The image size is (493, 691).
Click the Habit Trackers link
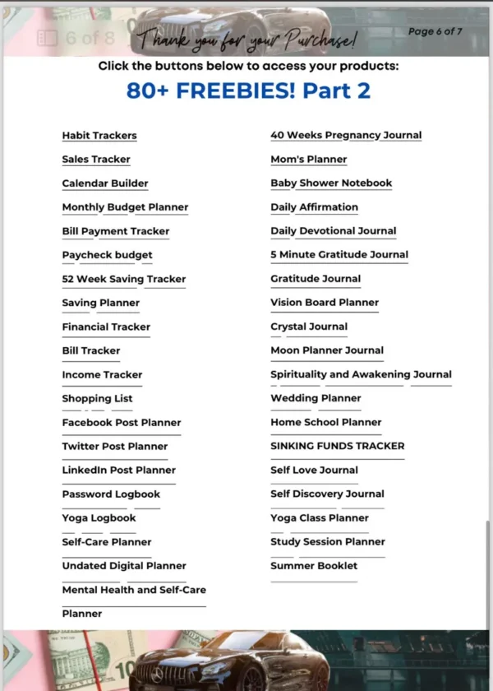99,136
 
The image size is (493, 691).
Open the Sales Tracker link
96,160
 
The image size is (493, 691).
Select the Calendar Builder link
105,183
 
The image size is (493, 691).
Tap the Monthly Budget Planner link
125,207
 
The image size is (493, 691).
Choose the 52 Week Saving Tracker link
124,279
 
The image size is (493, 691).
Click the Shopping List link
97,398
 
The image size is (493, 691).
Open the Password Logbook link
111,494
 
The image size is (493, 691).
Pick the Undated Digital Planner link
124,566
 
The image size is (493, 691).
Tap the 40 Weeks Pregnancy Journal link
346,136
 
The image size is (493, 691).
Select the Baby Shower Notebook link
331,183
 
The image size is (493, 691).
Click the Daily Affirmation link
314,207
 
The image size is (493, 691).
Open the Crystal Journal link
309,327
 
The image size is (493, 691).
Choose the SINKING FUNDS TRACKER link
337,446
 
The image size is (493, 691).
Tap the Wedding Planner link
316,398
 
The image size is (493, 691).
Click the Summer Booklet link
314,566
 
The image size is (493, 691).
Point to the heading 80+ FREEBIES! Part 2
248,90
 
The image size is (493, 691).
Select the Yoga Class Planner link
320,518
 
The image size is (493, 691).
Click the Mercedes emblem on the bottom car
157,675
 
